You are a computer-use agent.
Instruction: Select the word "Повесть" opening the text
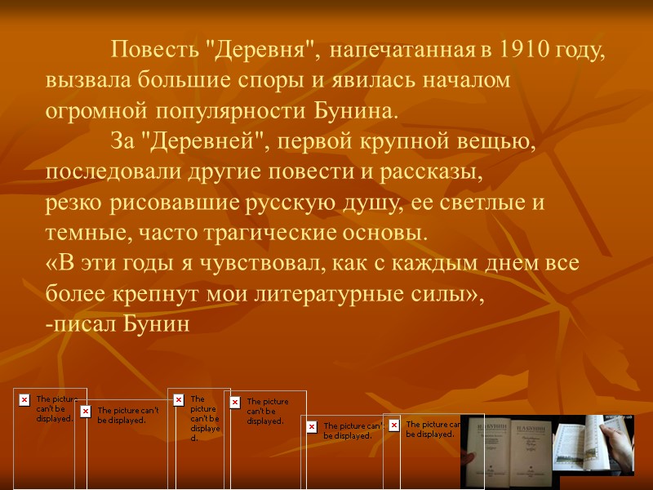coord(155,51)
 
